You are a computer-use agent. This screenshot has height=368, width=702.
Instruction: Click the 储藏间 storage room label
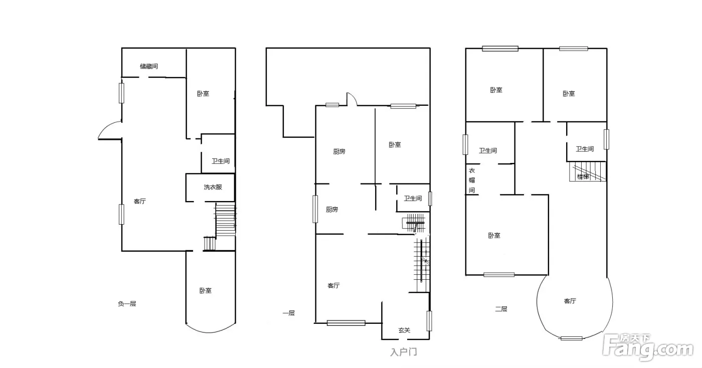pos(149,66)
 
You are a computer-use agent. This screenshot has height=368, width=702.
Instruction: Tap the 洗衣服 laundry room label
pos(213,187)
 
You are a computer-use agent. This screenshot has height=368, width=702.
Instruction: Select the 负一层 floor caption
pos(127,304)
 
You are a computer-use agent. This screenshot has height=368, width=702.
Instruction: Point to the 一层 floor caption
pos(288,313)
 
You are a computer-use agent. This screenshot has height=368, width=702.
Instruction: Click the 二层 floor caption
pos(501,309)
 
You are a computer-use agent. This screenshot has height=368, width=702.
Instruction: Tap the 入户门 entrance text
pos(404,352)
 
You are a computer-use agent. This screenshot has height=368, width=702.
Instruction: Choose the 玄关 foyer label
pos(404,330)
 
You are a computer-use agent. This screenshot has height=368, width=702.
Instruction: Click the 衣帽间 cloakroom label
pos(472,180)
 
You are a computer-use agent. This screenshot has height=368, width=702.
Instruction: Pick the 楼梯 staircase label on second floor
pos(583,177)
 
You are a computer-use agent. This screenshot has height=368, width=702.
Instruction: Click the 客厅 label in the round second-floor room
pos(570,301)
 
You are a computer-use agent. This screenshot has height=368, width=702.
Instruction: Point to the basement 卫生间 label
pos(221,161)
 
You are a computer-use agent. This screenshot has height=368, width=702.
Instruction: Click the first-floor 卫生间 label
pos(413,199)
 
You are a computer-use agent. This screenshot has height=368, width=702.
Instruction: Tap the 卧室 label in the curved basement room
pos(206,291)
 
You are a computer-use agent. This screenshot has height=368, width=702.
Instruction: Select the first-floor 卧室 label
pos(395,144)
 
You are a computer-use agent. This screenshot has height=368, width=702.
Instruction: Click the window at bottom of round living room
pos(571,338)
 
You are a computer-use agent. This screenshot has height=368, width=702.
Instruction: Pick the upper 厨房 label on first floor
pos(339,151)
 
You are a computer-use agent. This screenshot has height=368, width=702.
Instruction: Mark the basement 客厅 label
pos(140,201)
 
